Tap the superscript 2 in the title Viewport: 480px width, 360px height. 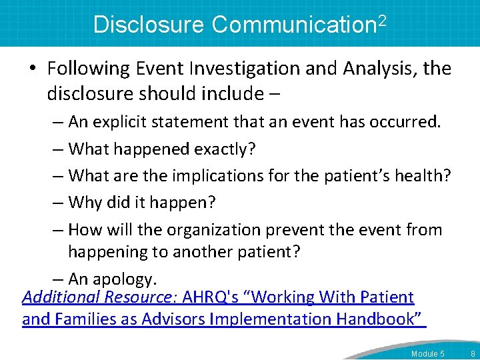pyautogui.click(x=382, y=19)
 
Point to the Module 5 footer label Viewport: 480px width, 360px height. pyautogui.click(x=428, y=353)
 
